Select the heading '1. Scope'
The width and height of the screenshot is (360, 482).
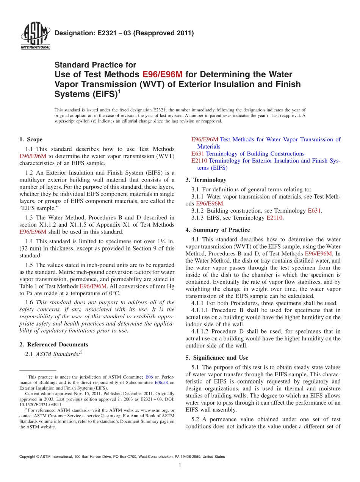point(31,139)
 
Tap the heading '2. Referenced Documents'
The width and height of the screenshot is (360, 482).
point(53,344)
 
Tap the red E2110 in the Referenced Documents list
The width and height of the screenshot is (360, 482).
point(199,161)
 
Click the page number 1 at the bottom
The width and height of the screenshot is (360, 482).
point(180,466)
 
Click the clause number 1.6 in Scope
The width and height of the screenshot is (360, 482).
point(29,302)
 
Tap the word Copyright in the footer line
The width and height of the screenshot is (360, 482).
point(28,457)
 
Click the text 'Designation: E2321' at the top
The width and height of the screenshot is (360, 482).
point(88,33)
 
